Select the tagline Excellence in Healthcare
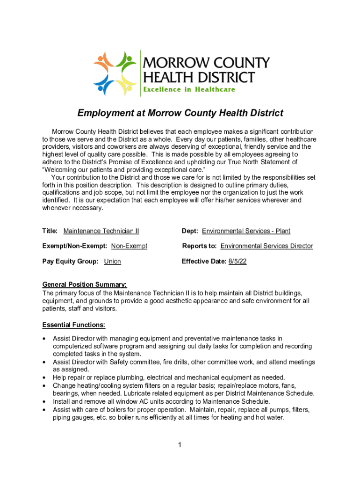tap(189, 89)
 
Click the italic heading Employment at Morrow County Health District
tap(180, 113)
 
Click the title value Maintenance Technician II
tap(101, 231)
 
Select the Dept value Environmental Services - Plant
tap(246, 231)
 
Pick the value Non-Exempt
tap(129, 246)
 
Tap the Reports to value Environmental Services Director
tap(266, 246)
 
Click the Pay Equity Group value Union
tap(112, 261)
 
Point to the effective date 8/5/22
tap(237, 261)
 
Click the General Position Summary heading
tap(84, 284)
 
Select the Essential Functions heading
tap(73, 325)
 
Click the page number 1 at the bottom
tap(180, 445)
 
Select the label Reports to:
tap(199, 246)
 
